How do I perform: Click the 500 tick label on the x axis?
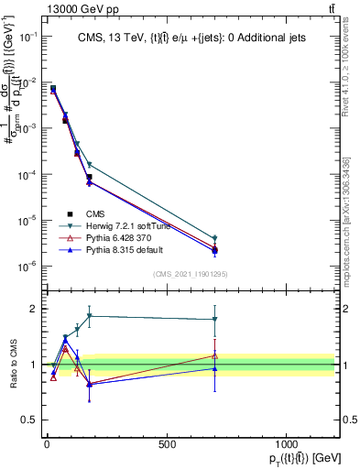(167, 444)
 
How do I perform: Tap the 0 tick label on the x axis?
(47, 444)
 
